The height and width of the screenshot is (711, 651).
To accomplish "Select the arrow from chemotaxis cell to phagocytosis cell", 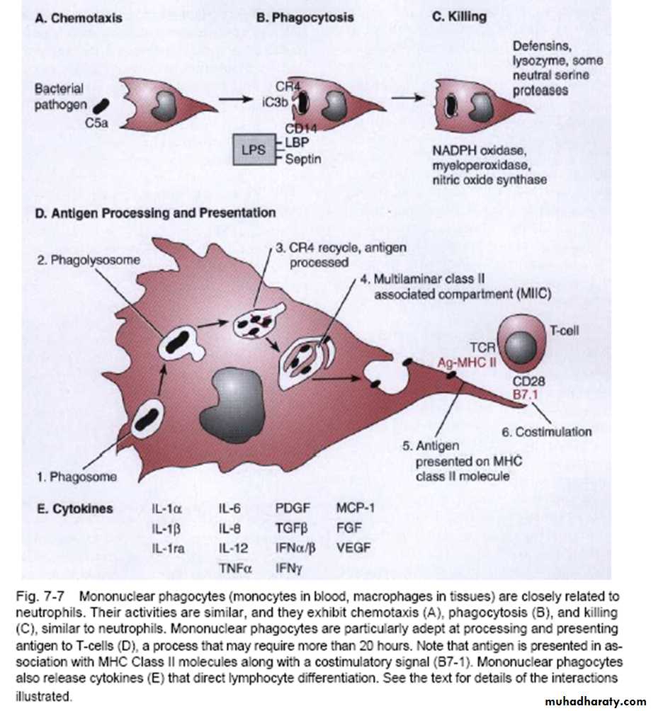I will coord(237,100).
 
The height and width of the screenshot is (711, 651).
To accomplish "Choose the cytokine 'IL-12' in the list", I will coord(232,547).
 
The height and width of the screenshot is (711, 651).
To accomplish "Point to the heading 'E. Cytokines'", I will coord(74,508).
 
